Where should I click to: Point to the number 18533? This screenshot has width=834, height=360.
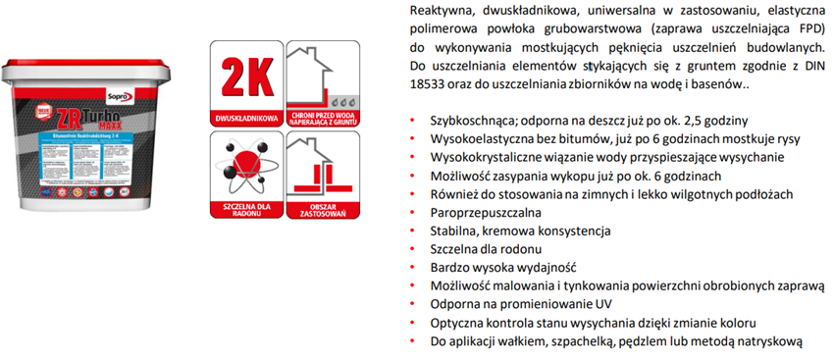click(x=427, y=85)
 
